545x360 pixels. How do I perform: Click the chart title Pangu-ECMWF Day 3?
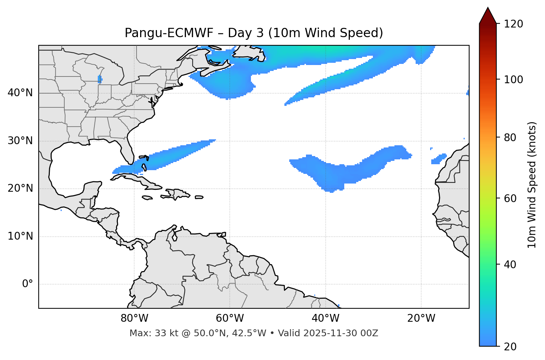coord(254,33)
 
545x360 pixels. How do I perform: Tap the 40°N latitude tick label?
coord(20,93)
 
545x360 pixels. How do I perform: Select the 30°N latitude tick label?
coord(20,141)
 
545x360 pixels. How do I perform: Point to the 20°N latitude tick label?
coord(20,188)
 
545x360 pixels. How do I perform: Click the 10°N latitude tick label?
coord(20,236)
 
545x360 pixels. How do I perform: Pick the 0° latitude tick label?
coord(27,284)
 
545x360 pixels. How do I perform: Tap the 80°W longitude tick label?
coord(134,318)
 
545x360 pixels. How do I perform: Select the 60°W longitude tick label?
coord(230,318)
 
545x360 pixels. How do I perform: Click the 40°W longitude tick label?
coord(325,318)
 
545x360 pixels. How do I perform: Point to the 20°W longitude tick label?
coord(421,318)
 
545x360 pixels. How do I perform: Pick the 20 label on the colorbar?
coord(512,347)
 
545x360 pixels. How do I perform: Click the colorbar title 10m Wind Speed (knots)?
coord(532,185)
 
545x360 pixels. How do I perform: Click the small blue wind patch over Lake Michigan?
coord(100,79)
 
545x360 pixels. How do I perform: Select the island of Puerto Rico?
coord(199,197)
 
